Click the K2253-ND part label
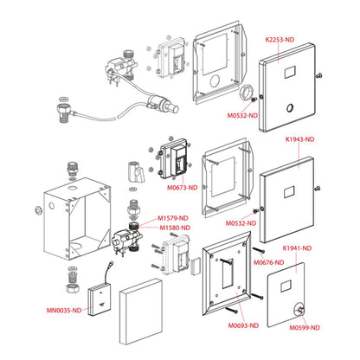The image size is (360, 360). click(280, 39)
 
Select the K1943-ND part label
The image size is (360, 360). click(299, 139)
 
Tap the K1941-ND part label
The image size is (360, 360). click(297, 248)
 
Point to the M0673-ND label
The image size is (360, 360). click(183, 188)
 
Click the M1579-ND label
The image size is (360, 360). click(172, 218)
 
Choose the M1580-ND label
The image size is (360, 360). click(175, 228)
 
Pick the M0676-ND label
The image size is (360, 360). click(268, 262)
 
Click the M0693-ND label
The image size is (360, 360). click(243, 325)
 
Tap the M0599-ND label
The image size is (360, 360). click(305, 328)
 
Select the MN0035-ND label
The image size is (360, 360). click(64, 311)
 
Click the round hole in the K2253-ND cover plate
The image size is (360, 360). click(290, 108)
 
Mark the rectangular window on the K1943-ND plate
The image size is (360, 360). click(289, 192)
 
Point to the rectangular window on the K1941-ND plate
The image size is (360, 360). click(286, 286)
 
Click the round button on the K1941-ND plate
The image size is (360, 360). click(299, 310)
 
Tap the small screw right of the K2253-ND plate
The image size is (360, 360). click(318, 76)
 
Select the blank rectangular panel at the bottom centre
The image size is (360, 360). click(141, 312)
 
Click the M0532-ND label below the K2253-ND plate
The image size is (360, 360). click(242, 115)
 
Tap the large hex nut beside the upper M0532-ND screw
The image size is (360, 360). click(246, 93)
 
